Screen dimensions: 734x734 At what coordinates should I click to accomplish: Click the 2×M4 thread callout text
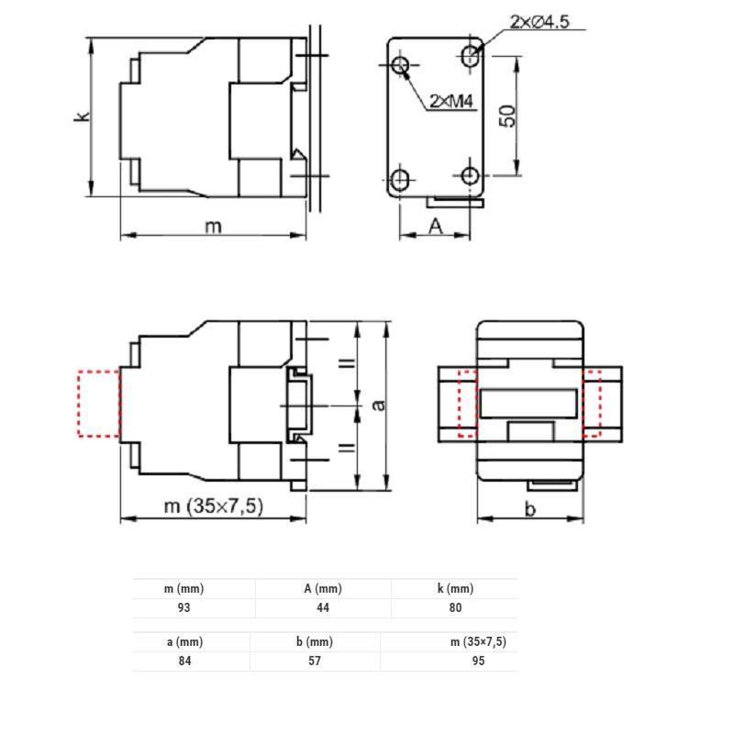pos(450,102)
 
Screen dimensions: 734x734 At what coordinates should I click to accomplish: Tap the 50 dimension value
pos(507,116)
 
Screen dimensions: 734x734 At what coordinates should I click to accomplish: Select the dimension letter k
pos(81,117)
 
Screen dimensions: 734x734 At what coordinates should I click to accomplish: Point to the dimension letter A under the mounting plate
pos(436,226)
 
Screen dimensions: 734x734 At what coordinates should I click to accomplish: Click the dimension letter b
pos(529,509)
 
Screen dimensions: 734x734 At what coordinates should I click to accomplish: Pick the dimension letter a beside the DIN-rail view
pos(376,405)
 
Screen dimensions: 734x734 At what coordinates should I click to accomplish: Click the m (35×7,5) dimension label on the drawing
pos(213,506)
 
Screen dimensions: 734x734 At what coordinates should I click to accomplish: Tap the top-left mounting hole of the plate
pos(401,65)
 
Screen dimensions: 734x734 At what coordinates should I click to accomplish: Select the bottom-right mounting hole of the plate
pos(471,175)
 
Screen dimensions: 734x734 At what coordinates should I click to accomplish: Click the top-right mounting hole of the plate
pos(471,55)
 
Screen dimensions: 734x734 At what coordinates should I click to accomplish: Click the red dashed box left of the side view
pos(99,404)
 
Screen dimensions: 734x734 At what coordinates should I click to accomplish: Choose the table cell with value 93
pos(183,607)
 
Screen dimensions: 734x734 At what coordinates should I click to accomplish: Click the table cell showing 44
pos(323,607)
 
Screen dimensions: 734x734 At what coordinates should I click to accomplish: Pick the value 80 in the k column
pos(456,607)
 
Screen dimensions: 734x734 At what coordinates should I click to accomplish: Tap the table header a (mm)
pos(183,642)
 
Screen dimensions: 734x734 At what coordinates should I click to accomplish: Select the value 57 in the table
pos(315,661)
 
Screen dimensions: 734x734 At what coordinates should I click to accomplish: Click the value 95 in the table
pos(478,661)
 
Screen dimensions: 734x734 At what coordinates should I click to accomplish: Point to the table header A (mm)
pos(323,589)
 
